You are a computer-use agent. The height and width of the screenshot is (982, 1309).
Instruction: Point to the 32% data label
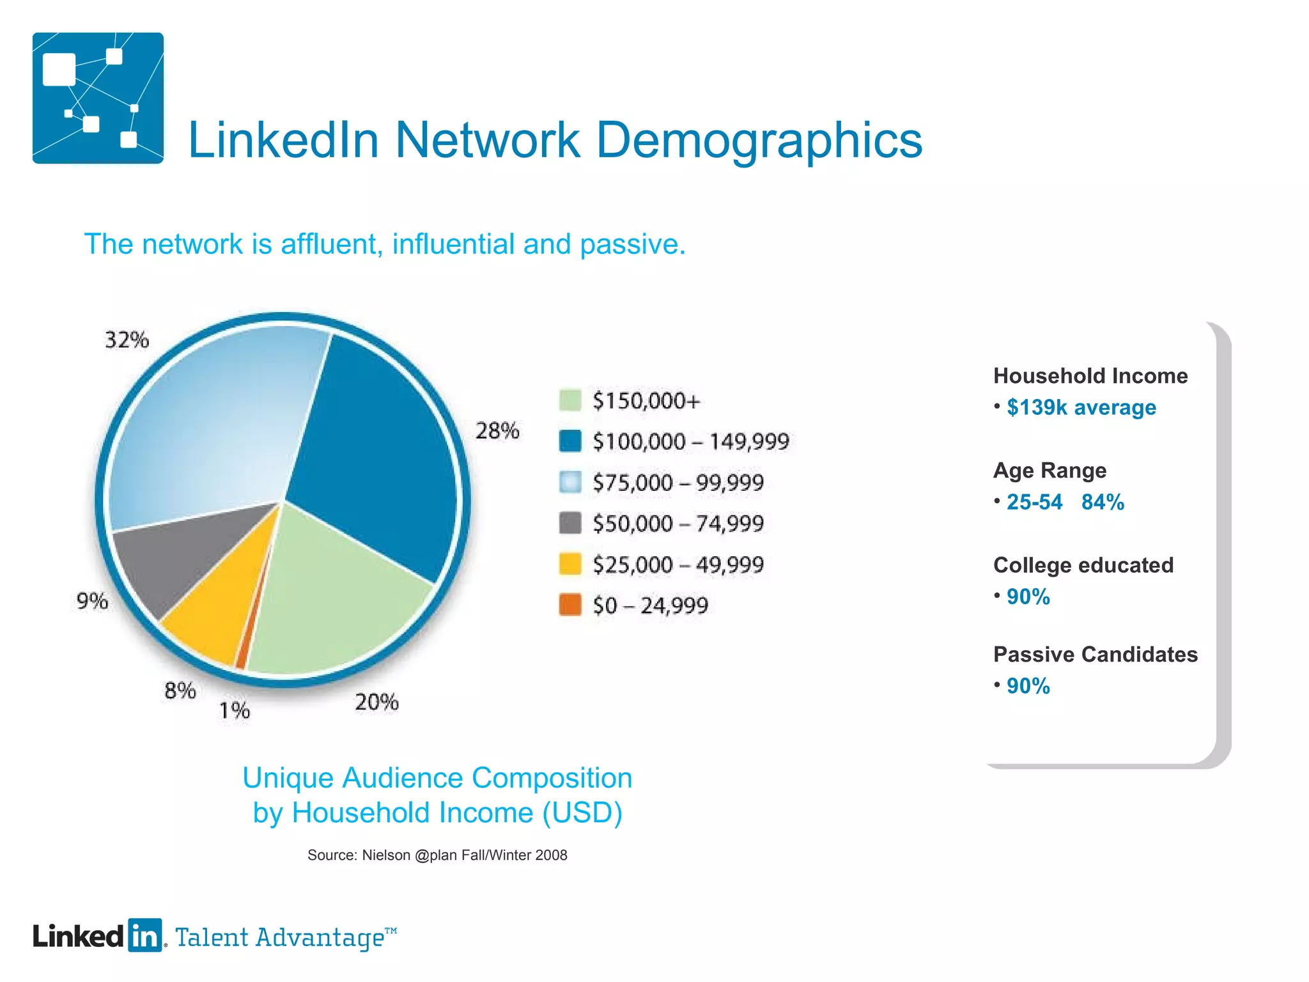[127, 339]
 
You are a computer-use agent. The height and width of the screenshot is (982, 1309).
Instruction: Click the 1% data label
[235, 710]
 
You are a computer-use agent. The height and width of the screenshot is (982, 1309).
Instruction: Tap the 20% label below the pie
[376, 702]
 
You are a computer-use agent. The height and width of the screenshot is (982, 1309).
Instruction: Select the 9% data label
[92, 601]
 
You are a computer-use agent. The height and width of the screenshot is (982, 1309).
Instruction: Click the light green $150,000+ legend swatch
[569, 400]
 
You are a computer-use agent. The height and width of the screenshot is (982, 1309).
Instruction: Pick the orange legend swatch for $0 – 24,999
[569, 605]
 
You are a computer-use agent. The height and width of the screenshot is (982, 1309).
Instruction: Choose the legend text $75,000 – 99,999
[678, 483]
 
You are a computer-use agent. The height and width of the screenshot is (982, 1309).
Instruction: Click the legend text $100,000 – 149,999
[691, 442]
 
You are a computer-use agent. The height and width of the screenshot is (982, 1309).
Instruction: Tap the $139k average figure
[1081, 407]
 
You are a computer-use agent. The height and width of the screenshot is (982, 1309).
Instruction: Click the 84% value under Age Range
[1103, 502]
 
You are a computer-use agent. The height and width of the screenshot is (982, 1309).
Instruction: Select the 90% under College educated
[1028, 596]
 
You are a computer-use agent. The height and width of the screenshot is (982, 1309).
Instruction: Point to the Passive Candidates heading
[1095, 654]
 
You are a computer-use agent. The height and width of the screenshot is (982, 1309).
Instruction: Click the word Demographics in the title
[759, 140]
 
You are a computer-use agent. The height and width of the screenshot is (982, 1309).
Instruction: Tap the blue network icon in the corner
[98, 98]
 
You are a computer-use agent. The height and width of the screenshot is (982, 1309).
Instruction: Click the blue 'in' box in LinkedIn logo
[145, 936]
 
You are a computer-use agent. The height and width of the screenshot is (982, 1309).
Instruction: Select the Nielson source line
[437, 855]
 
